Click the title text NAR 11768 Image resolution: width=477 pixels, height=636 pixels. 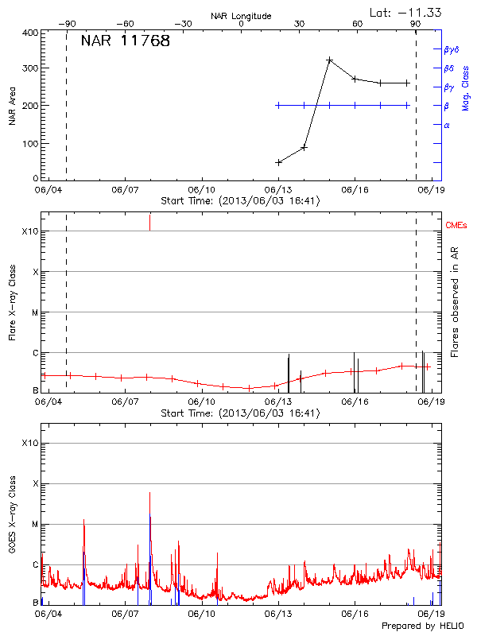(x=126, y=41)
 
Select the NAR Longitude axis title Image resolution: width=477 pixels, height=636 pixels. (x=241, y=16)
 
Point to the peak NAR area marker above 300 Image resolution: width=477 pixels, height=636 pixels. (x=329, y=60)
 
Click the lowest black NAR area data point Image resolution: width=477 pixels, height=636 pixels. (x=278, y=162)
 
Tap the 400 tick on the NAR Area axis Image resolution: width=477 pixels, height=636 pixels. (x=30, y=33)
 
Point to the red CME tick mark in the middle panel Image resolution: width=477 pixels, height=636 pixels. (x=149, y=222)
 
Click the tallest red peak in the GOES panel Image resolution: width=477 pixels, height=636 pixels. (x=149, y=494)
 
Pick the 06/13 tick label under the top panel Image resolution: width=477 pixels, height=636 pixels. (x=278, y=191)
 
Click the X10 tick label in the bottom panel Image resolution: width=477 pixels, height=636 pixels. (x=29, y=443)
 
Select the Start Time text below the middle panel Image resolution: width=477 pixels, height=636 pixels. (x=240, y=413)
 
